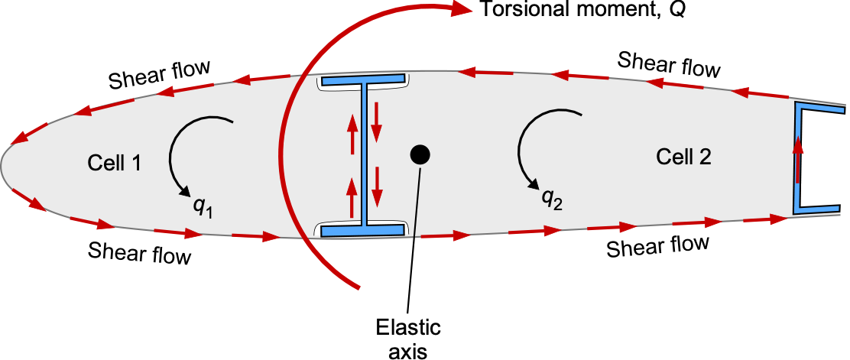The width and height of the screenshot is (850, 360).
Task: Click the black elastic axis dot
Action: (x=420, y=154)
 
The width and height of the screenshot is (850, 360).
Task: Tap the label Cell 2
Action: (x=683, y=157)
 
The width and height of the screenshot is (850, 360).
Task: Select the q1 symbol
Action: (x=201, y=207)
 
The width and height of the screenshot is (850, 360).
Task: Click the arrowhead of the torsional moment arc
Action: (x=460, y=10)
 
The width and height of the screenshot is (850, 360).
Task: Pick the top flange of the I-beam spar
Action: (x=363, y=79)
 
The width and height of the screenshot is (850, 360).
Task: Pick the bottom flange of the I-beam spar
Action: (x=363, y=229)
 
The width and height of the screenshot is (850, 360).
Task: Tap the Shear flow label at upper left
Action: (x=160, y=75)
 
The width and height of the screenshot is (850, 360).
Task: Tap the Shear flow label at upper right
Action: (x=669, y=63)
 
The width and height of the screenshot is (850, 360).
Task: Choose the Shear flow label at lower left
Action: (x=140, y=251)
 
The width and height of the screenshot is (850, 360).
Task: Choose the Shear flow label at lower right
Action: (x=657, y=246)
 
